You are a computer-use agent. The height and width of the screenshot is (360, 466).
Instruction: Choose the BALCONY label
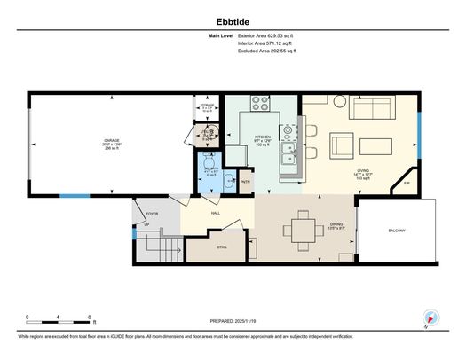(x=397, y=231)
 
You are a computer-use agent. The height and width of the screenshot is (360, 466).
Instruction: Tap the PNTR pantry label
(x=245, y=182)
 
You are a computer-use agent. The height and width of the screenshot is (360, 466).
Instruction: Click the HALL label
(x=215, y=213)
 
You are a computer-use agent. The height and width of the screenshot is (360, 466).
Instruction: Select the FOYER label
(x=151, y=213)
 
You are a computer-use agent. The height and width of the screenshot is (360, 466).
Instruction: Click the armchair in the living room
(x=342, y=145)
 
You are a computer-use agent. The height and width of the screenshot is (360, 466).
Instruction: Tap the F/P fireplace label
(x=407, y=184)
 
